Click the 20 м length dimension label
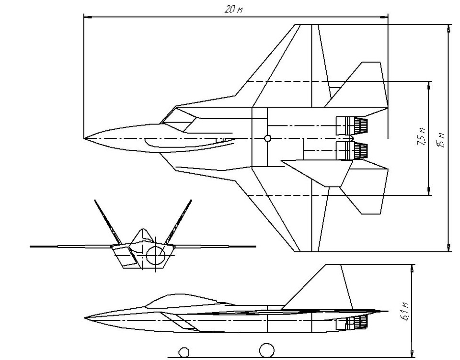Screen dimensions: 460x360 (x=233, y=10)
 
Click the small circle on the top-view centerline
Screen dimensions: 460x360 (x=267, y=138)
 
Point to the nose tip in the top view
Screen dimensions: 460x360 (x=84, y=138)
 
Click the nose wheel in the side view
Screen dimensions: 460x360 (x=184, y=352)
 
